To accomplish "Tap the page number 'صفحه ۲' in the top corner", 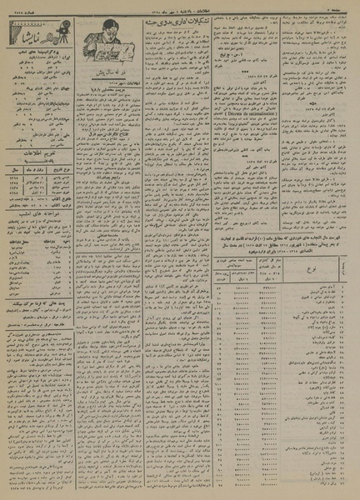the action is [343, 7].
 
